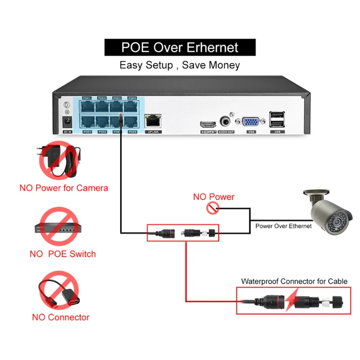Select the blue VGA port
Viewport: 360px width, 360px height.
click(x=250, y=122)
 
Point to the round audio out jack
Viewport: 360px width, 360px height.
click(x=226, y=121)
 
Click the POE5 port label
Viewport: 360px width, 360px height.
click(x=87, y=132)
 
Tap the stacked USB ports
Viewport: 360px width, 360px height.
click(x=277, y=121)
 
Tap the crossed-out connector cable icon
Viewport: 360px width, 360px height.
click(x=58, y=291)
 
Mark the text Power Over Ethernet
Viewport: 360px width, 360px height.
click(x=283, y=226)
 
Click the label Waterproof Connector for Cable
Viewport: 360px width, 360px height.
click(x=294, y=281)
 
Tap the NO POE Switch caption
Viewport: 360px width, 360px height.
click(x=63, y=254)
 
